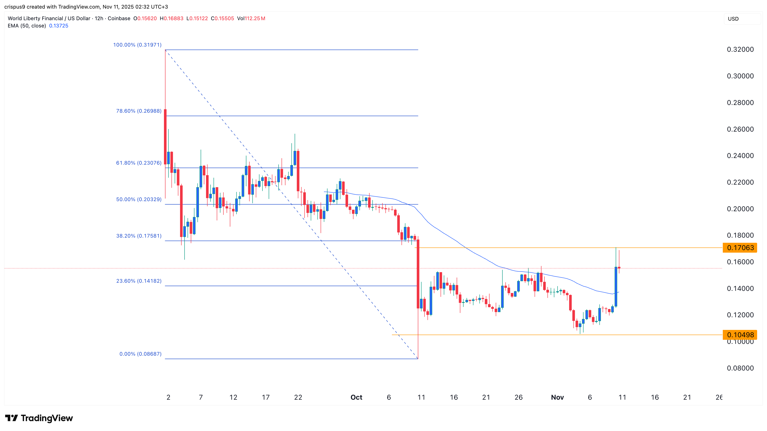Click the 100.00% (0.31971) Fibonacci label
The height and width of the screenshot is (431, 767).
pyautogui.click(x=137, y=45)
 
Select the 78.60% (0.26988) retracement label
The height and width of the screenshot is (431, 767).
pyautogui.click(x=139, y=111)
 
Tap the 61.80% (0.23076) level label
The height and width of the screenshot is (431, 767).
pyautogui.click(x=139, y=163)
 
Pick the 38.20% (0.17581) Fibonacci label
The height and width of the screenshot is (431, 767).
pyautogui.click(x=139, y=236)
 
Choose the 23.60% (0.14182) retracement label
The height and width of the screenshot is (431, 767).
pyautogui.click(x=139, y=281)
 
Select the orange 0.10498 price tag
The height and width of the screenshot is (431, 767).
pyautogui.click(x=740, y=335)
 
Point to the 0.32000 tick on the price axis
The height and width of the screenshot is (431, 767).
pyautogui.click(x=740, y=49)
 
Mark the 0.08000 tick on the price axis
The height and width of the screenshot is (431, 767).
pyautogui.click(x=740, y=368)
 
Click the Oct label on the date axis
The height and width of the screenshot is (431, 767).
pyautogui.click(x=356, y=397)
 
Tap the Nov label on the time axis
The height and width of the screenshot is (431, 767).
pyautogui.click(x=557, y=397)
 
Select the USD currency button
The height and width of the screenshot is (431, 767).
pyautogui.click(x=733, y=19)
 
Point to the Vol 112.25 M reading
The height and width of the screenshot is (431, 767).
pyautogui.click(x=251, y=18)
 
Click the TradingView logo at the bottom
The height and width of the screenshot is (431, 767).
pyautogui.click(x=39, y=418)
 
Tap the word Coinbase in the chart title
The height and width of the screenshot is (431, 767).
pyautogui.click(x=119, y=18)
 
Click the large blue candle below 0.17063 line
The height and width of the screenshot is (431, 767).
pyautogui.click(x=616, y=287)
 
